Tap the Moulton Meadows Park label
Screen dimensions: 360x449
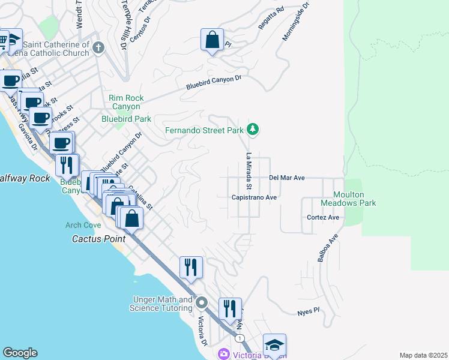point(355,199)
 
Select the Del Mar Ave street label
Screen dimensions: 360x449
point(287,178)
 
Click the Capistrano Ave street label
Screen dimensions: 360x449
point(254,197)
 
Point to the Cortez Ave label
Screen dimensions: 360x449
point(323,217)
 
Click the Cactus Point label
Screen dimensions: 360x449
point(92,238)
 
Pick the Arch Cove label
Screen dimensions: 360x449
point(83,225)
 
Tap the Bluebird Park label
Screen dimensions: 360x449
point(126,119)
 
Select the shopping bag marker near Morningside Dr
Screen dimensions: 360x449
point(212,40)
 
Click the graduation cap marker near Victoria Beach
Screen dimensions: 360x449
point(274,346)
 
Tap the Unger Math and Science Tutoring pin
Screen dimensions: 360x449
point(202,303)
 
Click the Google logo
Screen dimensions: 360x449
point(20,353)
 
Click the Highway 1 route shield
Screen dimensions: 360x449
point(240,339)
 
